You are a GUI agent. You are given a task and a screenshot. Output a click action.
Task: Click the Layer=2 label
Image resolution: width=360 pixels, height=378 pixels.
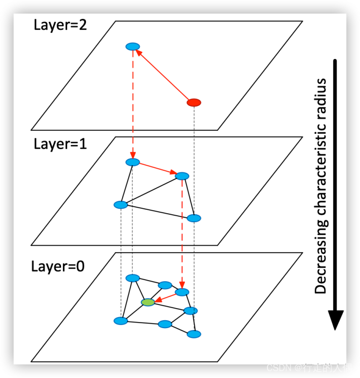pos(60,25)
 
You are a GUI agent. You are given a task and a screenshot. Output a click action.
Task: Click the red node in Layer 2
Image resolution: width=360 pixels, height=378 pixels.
pos(193,102)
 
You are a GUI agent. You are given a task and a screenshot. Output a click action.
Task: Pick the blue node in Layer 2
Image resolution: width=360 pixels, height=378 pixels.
pos(132,46)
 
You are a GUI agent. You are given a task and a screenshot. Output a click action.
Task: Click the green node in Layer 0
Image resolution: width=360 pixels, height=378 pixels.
pos(148,302)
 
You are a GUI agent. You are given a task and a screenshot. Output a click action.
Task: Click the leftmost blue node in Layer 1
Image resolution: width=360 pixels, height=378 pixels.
pos(120,205)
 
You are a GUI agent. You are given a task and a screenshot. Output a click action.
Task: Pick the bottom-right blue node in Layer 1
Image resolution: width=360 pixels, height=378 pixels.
pos(193,218)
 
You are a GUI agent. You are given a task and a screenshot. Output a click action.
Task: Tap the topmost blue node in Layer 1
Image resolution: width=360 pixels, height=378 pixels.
pos(132,162)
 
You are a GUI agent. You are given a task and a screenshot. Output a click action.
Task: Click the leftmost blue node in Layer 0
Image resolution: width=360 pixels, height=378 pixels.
pos(120,321)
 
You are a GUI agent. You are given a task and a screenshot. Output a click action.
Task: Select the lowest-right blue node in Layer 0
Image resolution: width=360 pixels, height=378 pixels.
pos(193,334)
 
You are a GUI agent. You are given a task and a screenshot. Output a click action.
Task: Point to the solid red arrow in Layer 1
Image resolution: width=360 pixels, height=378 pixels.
pos(157,169)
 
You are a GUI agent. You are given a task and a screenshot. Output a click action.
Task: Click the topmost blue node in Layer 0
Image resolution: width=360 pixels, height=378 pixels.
pos(132,278)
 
